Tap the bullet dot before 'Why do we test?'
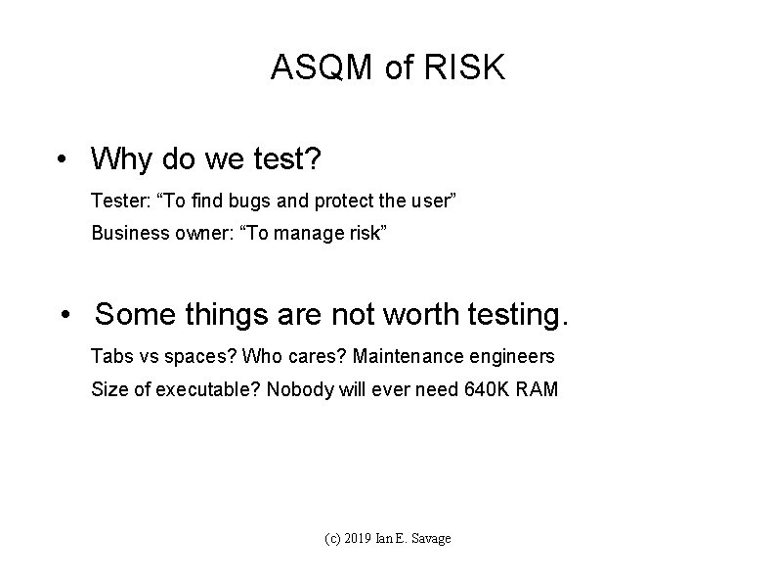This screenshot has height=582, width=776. [64, 157]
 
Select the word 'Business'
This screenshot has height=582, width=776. [124, 235]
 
